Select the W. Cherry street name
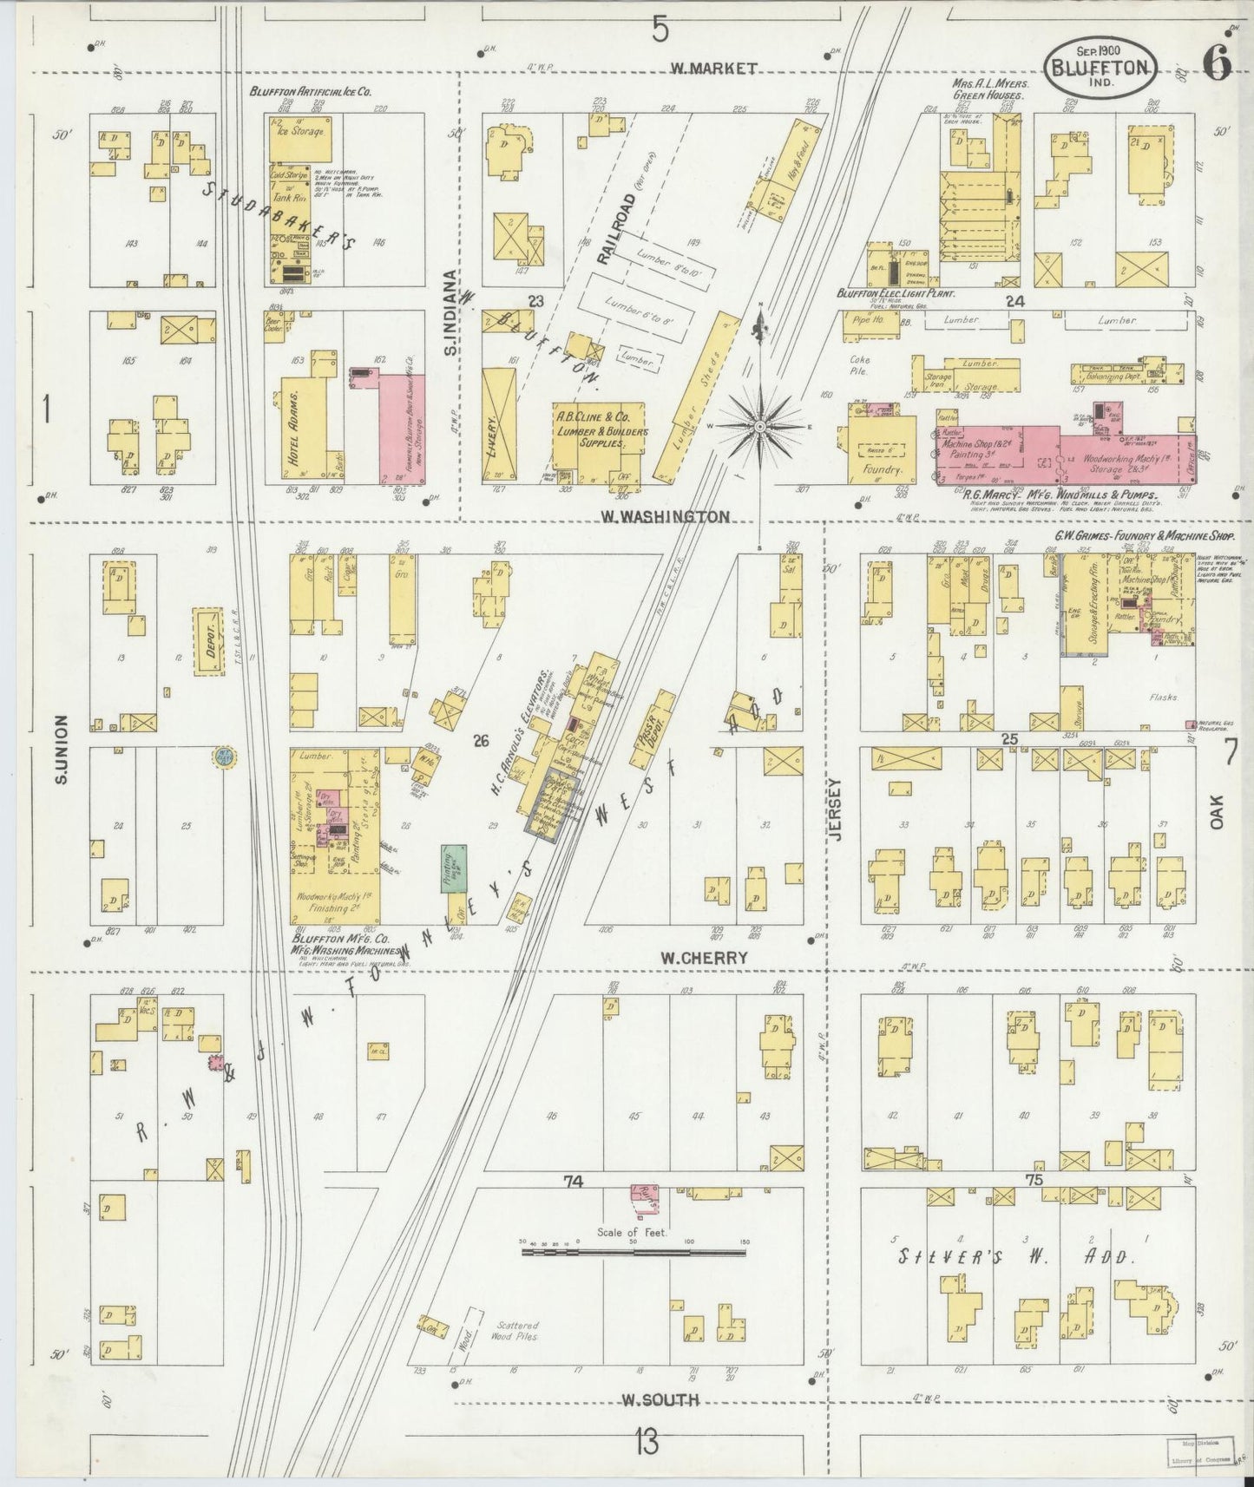pos(703,958)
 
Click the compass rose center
pos(760,426)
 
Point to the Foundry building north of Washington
pos(882,449)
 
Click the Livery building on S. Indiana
pos(498,423)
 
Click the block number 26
pos(482,740)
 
